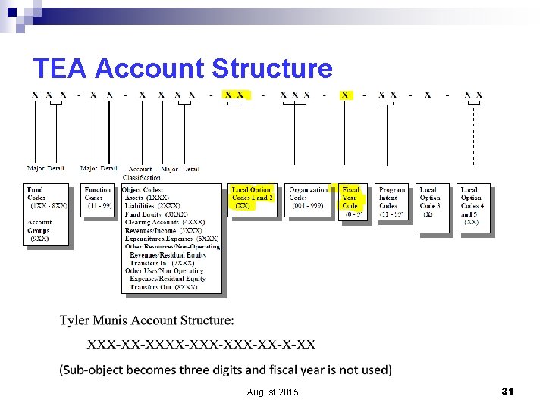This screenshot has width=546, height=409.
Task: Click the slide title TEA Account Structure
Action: click(x=183, y=69)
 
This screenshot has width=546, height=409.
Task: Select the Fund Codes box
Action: click(x=47, y=214)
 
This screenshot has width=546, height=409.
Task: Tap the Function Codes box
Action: click(x=97, y=200)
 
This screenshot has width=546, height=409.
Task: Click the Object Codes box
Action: click(x=172, y=238)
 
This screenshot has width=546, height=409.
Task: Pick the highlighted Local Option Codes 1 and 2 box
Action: click(x=253, y=200)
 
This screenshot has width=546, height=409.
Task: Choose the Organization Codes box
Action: click(x=309, y=200)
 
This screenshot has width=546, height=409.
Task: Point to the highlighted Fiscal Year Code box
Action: click(x=351, y=200)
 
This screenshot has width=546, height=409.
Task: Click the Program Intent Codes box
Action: click(x=392, y=200)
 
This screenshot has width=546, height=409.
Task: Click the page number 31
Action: click(x=507, y=391)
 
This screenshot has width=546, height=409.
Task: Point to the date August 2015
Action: click(x=273, y=392)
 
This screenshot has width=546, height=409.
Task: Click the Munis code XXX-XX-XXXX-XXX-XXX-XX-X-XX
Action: click(x=202, y=345)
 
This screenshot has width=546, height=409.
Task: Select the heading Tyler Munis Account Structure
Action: click(x=147, y=320)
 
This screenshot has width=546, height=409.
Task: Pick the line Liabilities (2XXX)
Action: click(x=152, y=205)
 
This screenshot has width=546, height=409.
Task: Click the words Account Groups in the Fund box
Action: click(x=39, y=226)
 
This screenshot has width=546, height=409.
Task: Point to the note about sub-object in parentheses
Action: click(x=225, y=370)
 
